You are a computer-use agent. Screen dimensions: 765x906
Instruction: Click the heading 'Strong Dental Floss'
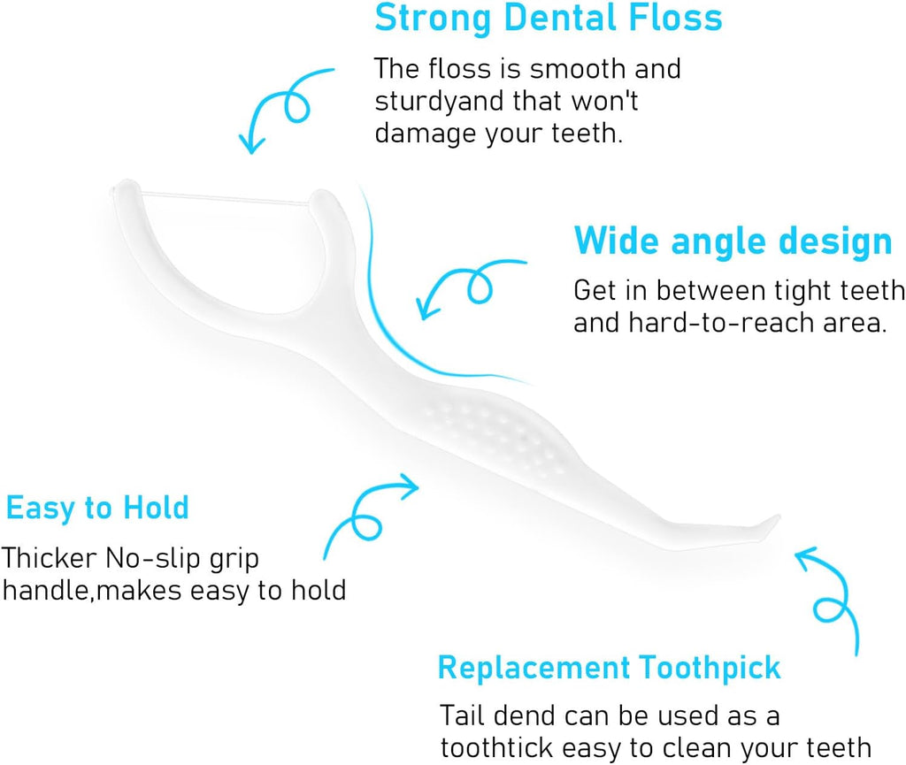tap(548, 19)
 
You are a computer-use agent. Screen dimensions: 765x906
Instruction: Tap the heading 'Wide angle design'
tap(733, 241)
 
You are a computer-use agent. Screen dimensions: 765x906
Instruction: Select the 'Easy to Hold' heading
tap(97, 508)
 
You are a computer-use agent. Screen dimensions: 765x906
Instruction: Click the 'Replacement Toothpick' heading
tap(609, 667)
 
